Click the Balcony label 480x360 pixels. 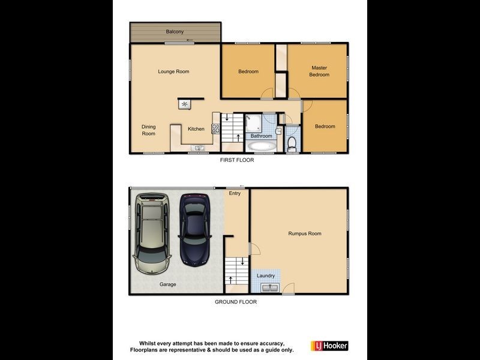[x=175, y=31]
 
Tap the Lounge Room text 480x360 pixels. [x=173, y=71]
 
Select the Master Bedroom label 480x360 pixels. [x=319, y=71]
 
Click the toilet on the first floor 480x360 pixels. [x=292, y=143]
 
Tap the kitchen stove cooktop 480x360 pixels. [x=215, y=127]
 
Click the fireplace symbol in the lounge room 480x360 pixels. [x=184, y=104]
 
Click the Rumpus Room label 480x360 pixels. [x=305, y=233]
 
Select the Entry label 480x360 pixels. [x=235, y=193]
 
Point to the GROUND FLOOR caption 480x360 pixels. [x=236, y=302]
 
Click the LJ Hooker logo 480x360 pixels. [x=329, y=346]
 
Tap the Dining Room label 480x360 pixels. [x=148, y=130]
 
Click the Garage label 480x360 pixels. [x=167, y=284]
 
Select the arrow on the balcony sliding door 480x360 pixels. [x=190, y=41]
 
